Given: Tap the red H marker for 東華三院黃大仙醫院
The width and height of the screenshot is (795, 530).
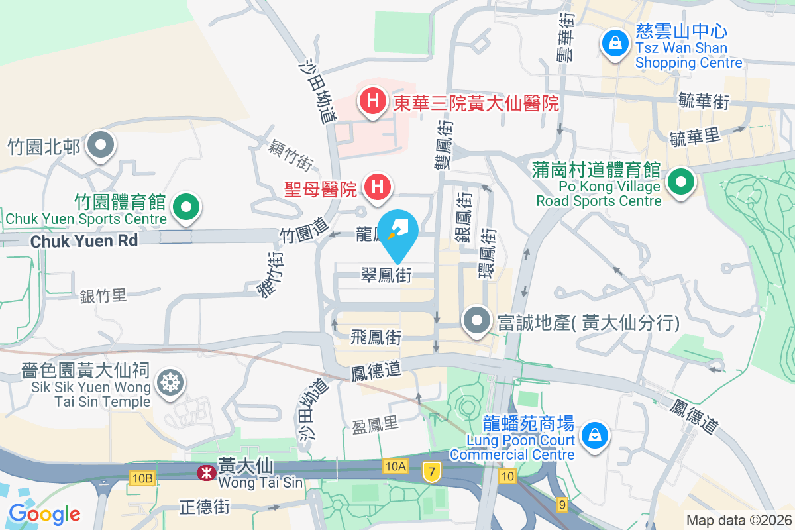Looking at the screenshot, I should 373,101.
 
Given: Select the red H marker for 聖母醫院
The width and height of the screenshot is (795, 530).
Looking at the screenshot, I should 378,187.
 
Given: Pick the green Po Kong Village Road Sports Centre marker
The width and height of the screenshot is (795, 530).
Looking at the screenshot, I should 680,182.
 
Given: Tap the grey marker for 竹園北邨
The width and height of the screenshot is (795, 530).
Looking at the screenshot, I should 101,145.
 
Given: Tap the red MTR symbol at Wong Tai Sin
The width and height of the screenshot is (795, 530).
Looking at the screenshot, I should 205,472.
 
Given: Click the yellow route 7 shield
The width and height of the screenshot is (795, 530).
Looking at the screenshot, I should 432,472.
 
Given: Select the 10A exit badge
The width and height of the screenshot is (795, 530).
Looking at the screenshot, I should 394,467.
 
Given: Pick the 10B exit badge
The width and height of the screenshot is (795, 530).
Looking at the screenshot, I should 142,478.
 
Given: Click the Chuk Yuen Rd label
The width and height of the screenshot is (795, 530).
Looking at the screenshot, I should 84,241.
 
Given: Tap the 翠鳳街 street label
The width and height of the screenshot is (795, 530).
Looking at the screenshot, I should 386,274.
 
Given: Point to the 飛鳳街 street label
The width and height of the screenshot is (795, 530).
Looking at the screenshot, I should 376,338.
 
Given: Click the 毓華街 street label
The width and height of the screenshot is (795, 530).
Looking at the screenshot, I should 704,102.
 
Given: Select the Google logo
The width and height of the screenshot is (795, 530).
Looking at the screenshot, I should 44,513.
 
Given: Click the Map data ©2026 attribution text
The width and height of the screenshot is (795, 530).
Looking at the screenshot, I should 738,521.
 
